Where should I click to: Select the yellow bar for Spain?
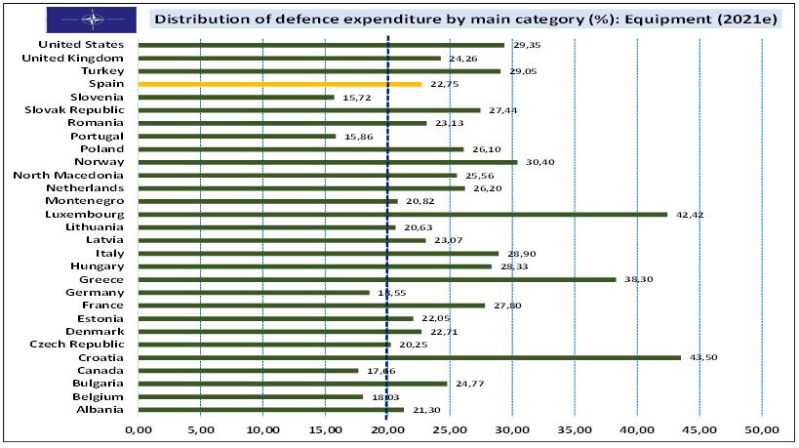(280, 84)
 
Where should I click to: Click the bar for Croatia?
(410, 357)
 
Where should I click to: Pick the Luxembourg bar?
(403, 214)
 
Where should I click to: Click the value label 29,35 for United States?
(527, 45)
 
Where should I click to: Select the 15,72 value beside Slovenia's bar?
(357, 98)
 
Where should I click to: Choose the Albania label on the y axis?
(100, 410)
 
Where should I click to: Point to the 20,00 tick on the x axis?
(387, 428)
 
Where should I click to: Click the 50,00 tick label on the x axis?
(761, 428)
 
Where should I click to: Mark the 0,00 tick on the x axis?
(139, 428)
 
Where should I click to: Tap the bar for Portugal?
(237, 136)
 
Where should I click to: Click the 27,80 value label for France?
(507, 305)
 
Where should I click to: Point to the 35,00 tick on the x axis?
(575, 428)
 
